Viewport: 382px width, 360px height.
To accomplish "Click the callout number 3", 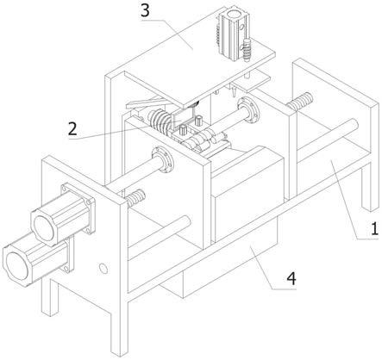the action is [146, 11].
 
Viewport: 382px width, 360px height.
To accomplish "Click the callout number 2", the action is [72, 129].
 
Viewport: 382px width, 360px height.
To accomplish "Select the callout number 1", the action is [374, 229].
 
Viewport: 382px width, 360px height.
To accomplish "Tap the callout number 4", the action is [291, 278].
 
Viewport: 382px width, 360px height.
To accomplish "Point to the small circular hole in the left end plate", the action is [103, 268].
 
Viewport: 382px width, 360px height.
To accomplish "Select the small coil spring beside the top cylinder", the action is [247, 50].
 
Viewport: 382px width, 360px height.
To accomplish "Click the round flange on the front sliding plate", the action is [163, 159].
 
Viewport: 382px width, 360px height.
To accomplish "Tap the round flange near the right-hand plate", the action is [249, 109].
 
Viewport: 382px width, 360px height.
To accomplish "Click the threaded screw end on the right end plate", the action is [300, 102].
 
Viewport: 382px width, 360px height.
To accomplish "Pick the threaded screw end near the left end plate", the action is [135, 197].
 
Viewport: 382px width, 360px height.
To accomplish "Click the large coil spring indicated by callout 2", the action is [158, 120].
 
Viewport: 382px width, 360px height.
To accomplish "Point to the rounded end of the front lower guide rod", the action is [186, 221].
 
